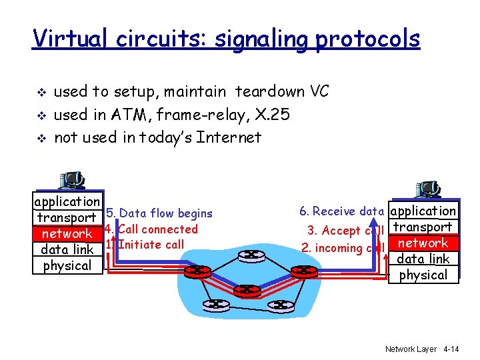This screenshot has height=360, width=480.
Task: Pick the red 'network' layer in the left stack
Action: point(67,233)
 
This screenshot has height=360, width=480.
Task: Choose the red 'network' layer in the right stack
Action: point(423,243)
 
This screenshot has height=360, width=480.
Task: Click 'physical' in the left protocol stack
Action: point(67,265)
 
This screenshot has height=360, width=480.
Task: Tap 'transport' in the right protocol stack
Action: point(423,227)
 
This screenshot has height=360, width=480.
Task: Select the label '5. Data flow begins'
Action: point(159,213)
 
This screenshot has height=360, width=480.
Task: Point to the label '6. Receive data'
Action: point(341,211)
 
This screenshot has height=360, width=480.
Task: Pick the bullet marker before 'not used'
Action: point(40,138)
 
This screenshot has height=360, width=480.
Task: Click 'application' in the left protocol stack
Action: point(67,201)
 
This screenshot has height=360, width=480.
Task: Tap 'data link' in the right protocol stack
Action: point(423,259)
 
